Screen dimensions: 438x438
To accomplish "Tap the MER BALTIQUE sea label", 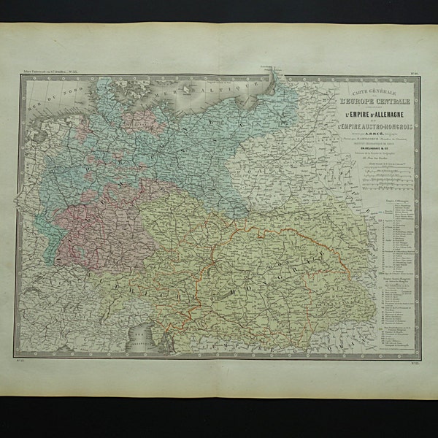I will pyautogui.click(x=219, y=86).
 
